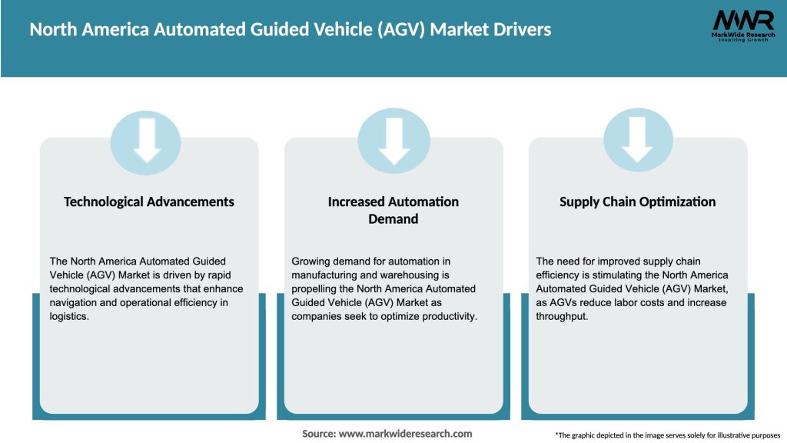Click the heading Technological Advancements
149,202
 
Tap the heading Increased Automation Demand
393,210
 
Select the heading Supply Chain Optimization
637,202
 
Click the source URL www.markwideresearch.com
405,434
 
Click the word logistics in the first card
69,316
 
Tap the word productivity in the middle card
451,316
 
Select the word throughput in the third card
561,316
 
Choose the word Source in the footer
318,434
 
